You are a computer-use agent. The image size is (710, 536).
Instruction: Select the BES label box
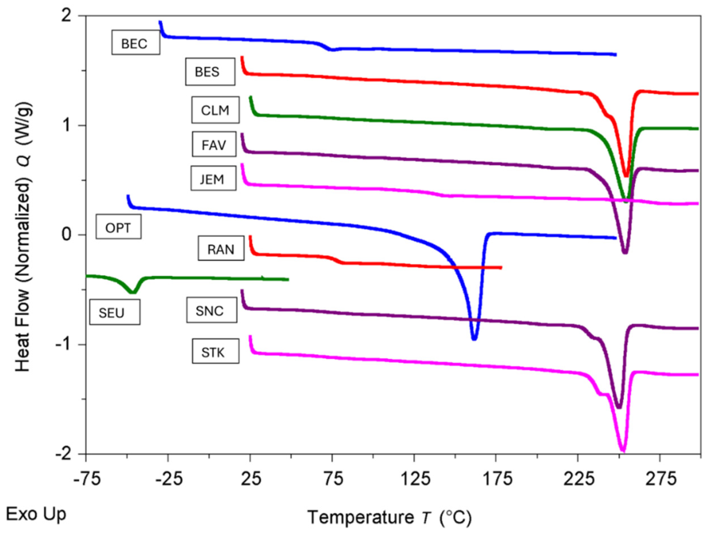pos(210,72)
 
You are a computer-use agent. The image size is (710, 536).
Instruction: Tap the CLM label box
pos(215,110)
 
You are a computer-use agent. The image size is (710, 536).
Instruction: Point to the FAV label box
pos(214,144)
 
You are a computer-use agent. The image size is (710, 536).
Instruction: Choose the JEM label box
pos(213,179)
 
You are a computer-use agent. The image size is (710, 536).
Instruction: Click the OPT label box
pos(118,227)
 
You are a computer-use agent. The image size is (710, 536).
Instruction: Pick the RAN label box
pos(221,248)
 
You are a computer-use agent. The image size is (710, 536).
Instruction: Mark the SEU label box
pos(114,312)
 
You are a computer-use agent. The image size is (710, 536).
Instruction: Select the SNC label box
pos(211,310)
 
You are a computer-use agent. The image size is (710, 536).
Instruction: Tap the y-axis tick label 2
pos(67,16)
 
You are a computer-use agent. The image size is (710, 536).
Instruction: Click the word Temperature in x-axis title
pos(360,517)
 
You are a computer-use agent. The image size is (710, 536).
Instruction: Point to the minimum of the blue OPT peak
pos(474,339)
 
